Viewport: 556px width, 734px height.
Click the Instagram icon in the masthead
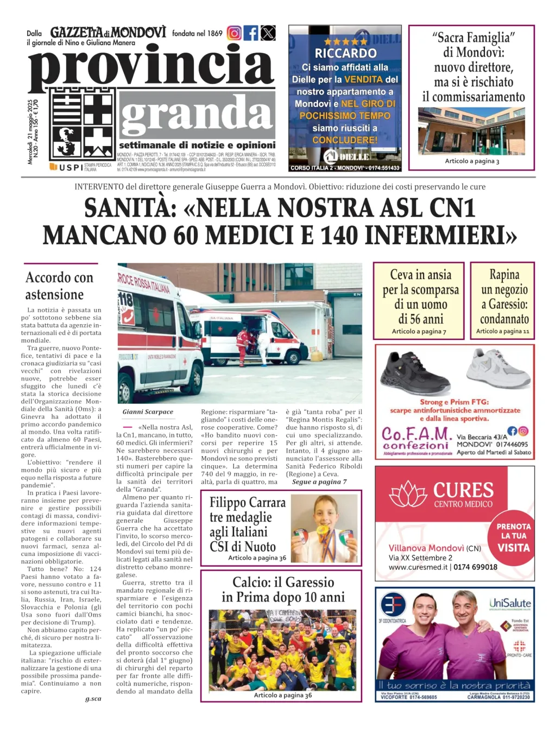(x=234, y=33)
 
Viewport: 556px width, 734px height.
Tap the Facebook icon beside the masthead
(x=251, y=33)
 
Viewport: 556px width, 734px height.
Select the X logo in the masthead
(x=268, y=33)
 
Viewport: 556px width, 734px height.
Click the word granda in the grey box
(x=197, y=115)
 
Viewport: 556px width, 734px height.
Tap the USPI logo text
(x=71, y=167)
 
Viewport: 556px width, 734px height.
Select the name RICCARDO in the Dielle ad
(x=345, y=53)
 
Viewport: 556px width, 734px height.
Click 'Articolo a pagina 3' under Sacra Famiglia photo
(x=472, y=161)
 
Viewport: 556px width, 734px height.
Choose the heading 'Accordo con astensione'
(x=59, y=286)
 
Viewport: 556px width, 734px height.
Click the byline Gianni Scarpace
(x=148, y=412)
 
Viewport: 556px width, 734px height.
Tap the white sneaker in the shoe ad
(x=497, y=368)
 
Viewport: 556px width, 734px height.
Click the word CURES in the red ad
(x=463, y=490)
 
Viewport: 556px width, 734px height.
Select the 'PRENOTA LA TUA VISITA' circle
(x=513, y=537)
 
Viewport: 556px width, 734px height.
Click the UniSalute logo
(x=510, y=603)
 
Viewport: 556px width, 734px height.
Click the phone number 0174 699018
(x=475, y=567)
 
